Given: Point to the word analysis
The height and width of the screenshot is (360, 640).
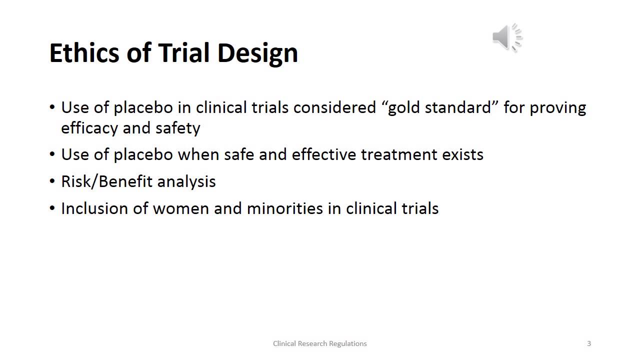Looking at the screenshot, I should (186, 181).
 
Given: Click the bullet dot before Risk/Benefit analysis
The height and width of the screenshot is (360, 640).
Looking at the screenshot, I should (53, 181).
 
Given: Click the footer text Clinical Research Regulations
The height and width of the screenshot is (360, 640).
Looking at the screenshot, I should (320, 343).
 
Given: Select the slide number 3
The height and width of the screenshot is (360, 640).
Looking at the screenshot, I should (589, 343).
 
